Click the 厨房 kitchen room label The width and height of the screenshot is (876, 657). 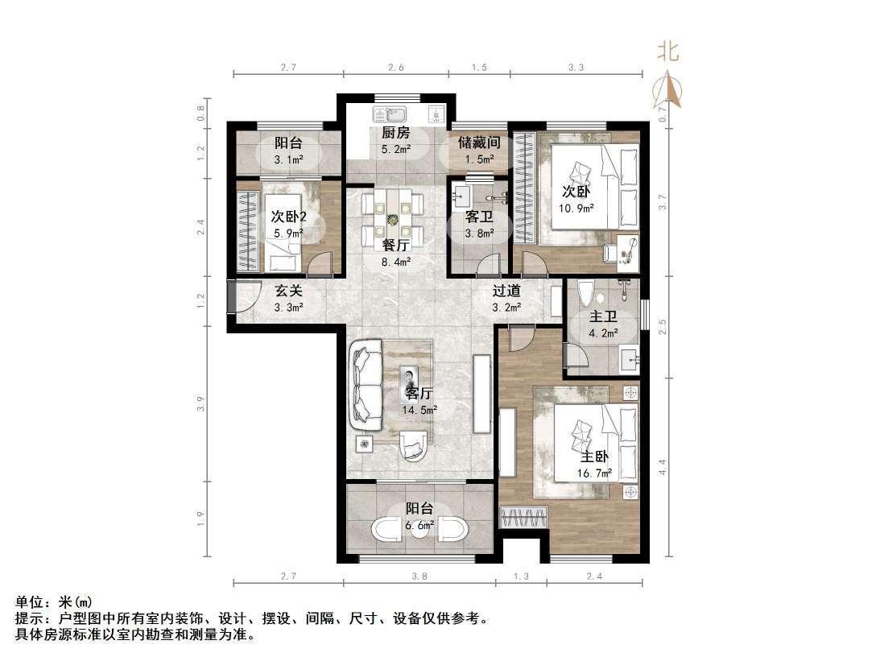tap(395, 133)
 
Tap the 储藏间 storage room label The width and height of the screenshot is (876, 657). tap(479, 143)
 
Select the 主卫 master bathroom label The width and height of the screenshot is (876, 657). tap(603, 316)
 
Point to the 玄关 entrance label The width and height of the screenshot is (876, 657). tap(288, 291)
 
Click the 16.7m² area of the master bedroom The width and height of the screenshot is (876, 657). tap(594, 473)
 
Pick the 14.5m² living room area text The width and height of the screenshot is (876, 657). tap(419, 410)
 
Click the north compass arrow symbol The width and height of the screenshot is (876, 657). tap(668, 89)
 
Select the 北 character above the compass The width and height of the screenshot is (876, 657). tap(667, 52)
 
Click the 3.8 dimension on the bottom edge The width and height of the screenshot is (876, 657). tap(419, 576)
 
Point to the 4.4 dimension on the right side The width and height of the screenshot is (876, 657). tap(663, 466)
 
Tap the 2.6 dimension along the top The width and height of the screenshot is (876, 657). tap(395, 68)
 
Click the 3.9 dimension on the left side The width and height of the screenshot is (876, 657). tap(201, 403)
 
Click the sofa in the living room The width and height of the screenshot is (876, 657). tap(366, 386)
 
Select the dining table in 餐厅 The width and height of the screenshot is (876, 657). tap(391, 220)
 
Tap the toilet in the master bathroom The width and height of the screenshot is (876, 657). tap(585, 295)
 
